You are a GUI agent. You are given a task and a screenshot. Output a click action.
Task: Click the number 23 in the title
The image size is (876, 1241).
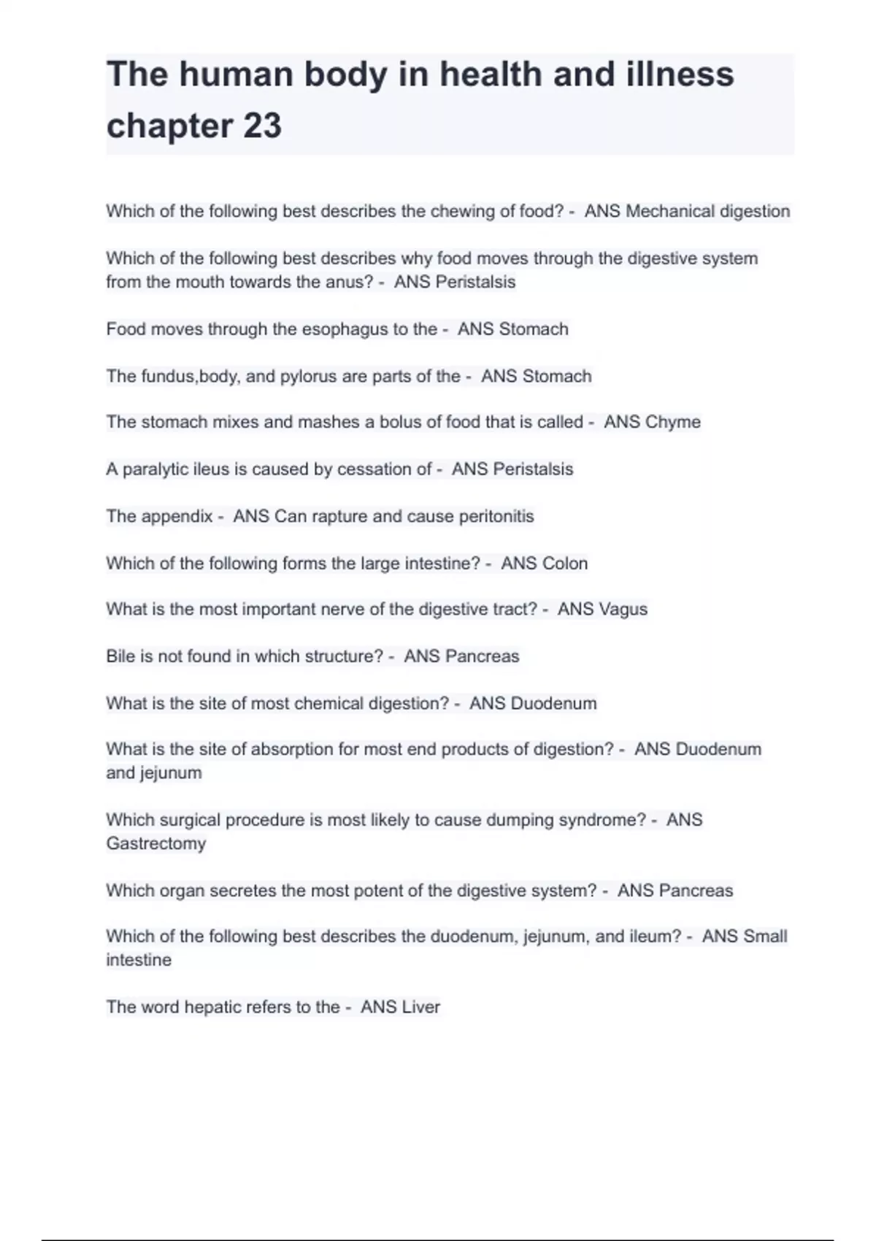261,126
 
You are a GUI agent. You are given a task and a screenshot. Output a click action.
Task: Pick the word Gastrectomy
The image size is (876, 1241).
156,844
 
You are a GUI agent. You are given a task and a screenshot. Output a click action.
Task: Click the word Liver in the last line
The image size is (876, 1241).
421,1007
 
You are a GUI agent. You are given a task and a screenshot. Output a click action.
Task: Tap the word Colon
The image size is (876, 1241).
564,564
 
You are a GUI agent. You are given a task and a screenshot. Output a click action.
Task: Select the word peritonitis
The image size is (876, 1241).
496,517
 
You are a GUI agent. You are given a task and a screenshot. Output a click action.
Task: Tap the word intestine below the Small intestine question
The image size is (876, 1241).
139,960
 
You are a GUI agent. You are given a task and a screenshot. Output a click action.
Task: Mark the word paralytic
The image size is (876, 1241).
155,469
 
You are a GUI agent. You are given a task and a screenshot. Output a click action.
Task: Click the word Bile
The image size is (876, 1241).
120,656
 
